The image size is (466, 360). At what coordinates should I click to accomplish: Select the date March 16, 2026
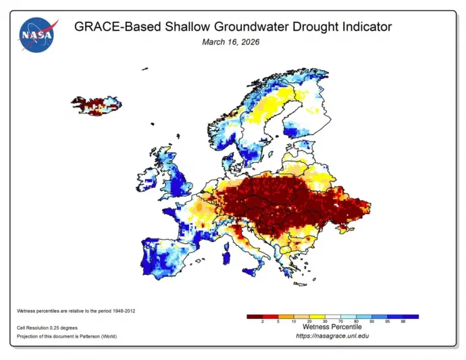pos(230,42)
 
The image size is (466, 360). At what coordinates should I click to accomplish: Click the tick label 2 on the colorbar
pos(262,322)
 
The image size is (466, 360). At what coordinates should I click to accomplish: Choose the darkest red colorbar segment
pos(254,316)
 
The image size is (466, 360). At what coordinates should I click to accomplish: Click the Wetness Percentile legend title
pos(332,328)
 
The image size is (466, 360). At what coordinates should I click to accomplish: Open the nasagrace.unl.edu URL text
pos(332,336)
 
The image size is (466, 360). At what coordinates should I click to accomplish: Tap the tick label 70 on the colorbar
pos(341,322)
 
